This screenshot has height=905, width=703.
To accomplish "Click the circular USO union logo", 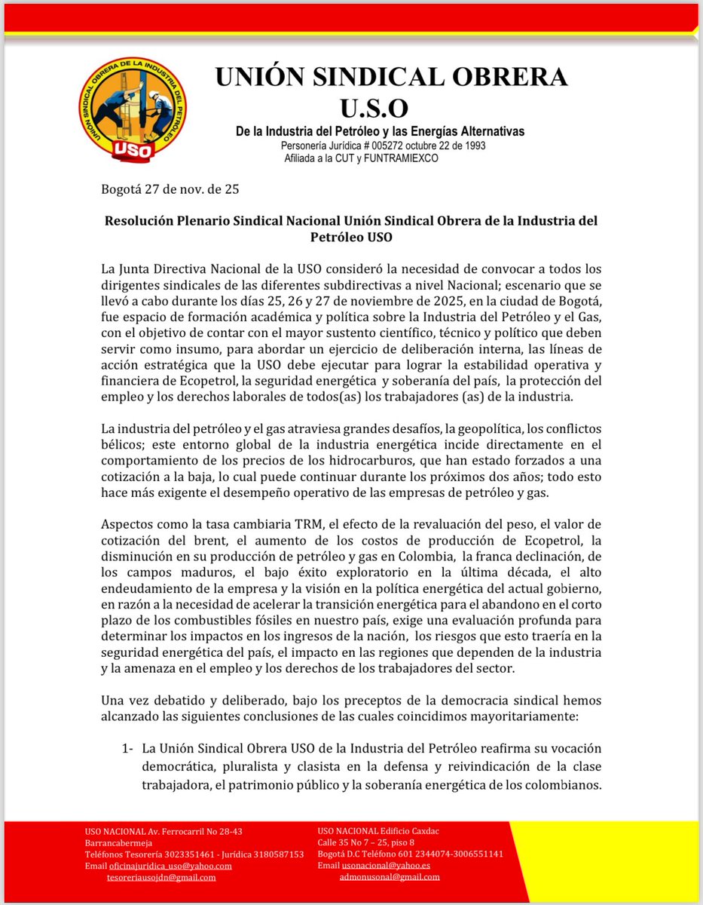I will (x=133, y=109).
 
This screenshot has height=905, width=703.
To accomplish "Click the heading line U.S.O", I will (x=390, y=106).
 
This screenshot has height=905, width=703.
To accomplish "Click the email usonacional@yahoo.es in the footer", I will (x=385, y=865).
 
